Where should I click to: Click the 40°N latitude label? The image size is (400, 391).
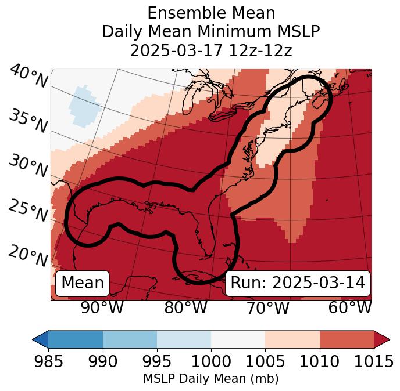coord(28,77)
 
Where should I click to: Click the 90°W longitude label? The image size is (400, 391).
coord(102,307)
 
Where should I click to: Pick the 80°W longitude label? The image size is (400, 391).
coord(185,307)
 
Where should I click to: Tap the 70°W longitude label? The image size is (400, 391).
coord(267,307)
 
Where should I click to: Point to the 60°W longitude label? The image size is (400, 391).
coord(350,307)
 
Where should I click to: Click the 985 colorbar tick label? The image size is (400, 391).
coord(48,361)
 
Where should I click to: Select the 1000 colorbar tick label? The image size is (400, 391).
coord(211,361)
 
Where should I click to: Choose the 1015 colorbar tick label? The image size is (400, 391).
coord(374,361)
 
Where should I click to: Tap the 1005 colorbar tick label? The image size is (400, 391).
coord(265,361)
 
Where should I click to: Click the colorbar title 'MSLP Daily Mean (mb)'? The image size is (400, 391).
coord(210,379)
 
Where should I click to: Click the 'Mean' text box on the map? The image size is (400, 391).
coord(83,283)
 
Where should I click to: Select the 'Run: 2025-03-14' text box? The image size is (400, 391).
coord(298,283)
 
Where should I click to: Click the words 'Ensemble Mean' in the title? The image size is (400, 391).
coord(210,13)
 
